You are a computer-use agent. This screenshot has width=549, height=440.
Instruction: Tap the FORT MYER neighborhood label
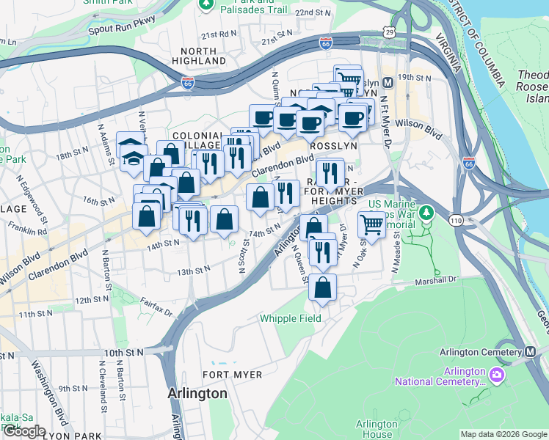pos(232,375)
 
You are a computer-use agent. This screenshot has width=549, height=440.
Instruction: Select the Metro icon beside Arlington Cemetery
pos(530,352)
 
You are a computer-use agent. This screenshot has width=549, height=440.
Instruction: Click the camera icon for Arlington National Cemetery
pos(497,375)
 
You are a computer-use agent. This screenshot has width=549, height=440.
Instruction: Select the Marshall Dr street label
pos(436,279)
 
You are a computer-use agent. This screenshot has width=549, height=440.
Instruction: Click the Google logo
pos(24,431)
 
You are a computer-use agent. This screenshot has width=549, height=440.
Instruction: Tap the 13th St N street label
pos(193,271)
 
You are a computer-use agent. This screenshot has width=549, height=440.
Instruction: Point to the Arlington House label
pos(377,429)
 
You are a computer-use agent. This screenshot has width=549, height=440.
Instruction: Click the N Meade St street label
pos(396,253)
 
